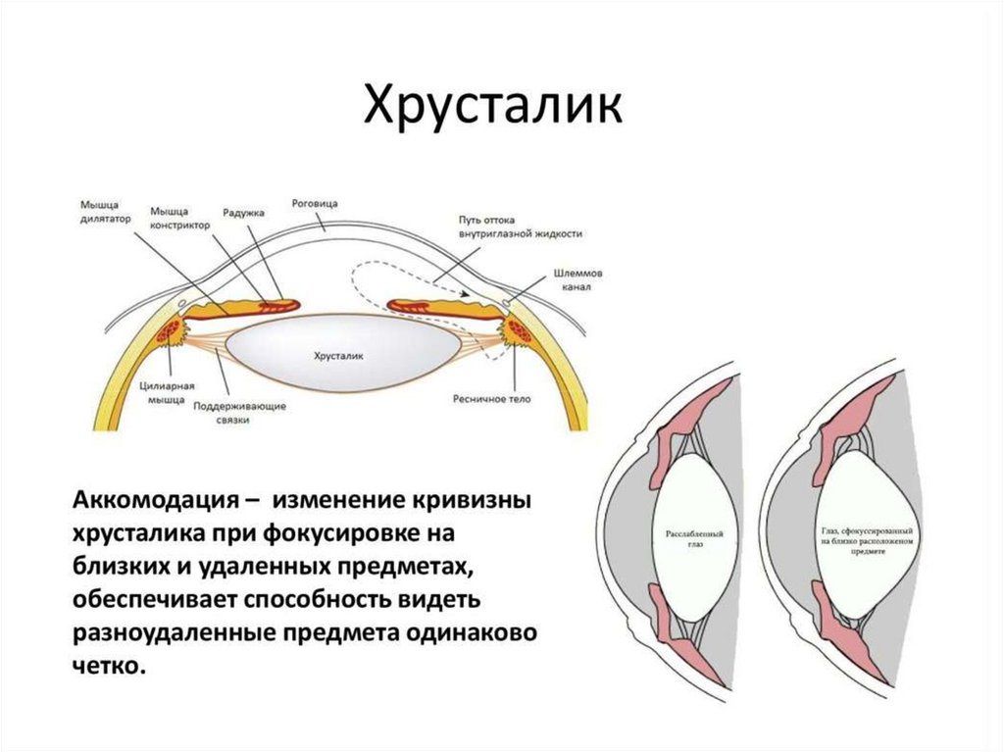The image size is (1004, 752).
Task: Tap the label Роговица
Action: (x=315, y=203)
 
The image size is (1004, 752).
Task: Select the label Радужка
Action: (x=240, y=211)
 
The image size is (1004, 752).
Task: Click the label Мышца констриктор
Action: (x=180, y=217)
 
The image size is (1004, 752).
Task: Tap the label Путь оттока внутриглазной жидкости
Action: (x=520, y=226)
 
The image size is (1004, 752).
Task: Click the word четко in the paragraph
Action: (x=106, y=667)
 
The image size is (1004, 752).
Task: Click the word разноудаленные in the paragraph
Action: (x=171, y=633)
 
